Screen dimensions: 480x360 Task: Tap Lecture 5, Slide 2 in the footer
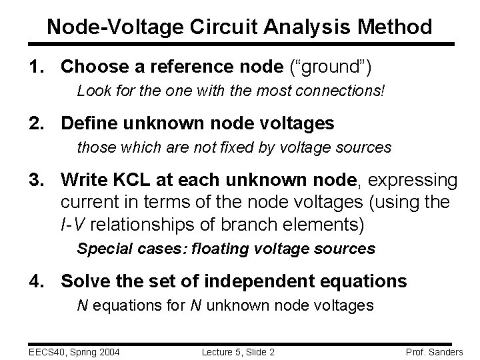point(239,351)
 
